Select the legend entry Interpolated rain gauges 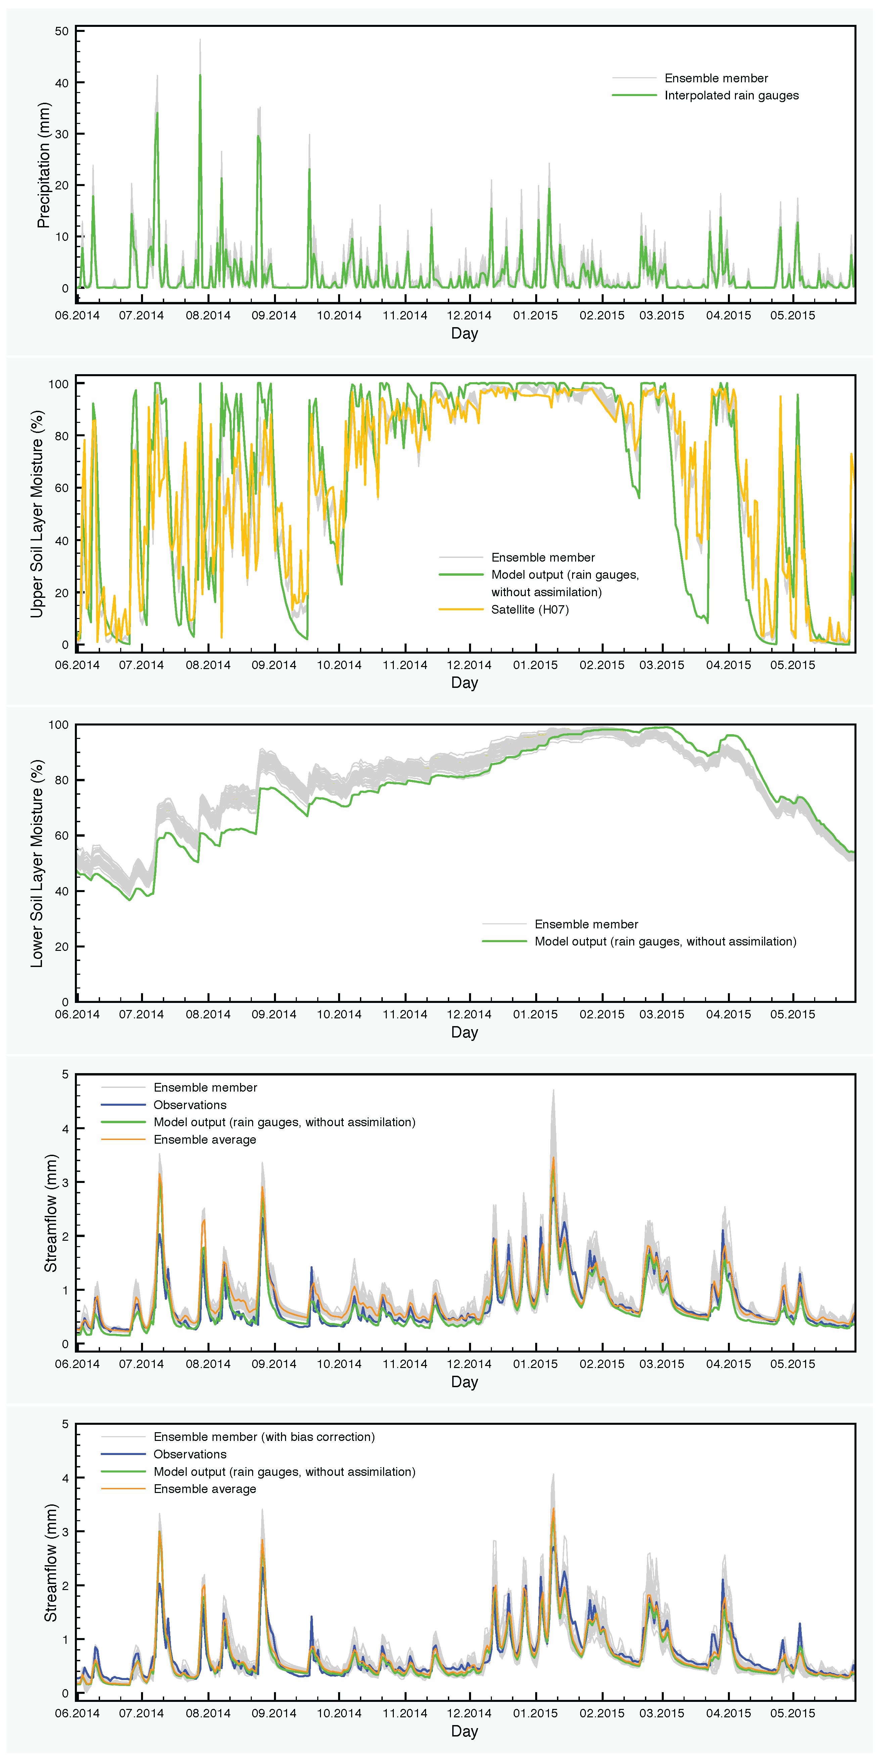(x=731, y=96)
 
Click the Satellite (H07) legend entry (x=530, y=610)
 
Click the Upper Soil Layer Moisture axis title (x=37, y=514)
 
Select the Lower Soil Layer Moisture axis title (x=37, y=864)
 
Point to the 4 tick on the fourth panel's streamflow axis (x=65, y=1129)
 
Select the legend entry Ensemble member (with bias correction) (x=264, y=1437)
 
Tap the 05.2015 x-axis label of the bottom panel (x=793, y=1713)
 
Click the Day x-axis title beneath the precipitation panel (x=465, y=334)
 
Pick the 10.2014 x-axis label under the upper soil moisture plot (x=339, y=665)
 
